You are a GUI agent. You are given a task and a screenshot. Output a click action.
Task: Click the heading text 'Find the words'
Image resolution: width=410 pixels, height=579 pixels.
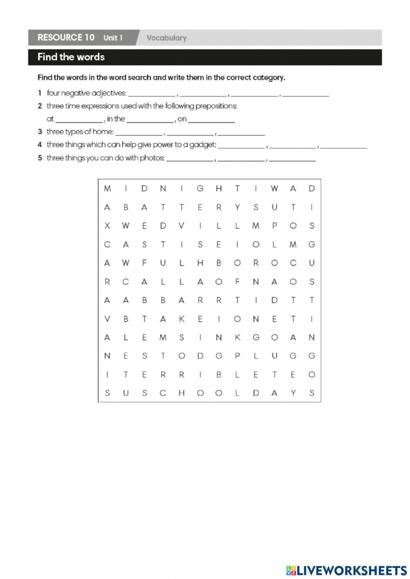71,57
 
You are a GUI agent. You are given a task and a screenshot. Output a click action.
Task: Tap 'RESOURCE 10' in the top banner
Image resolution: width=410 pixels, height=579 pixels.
66,38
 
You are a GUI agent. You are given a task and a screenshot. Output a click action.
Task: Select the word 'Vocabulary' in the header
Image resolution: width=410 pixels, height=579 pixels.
166,38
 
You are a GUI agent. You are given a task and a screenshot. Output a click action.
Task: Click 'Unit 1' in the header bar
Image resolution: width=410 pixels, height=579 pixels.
113,38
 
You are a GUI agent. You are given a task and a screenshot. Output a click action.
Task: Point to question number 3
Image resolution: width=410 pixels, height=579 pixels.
40,132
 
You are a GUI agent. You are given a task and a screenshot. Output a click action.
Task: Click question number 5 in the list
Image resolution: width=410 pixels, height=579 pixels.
40,158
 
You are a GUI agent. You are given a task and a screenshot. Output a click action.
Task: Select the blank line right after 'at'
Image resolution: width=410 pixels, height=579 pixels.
79,121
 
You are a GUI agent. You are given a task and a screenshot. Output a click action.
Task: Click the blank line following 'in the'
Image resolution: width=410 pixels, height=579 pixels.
150,121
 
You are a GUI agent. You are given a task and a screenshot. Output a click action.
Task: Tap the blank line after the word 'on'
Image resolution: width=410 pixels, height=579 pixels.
212,121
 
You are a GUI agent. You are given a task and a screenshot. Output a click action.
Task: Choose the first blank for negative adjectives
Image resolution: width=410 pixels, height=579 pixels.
152,95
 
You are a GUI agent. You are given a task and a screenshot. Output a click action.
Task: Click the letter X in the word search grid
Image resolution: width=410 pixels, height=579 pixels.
107,226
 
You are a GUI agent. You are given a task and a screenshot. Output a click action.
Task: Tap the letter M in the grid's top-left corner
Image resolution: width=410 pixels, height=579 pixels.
107,188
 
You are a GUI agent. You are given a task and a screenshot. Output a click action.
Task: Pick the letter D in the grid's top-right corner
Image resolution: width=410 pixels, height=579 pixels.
312,188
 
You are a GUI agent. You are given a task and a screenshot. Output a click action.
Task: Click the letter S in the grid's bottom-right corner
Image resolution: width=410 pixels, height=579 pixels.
312,393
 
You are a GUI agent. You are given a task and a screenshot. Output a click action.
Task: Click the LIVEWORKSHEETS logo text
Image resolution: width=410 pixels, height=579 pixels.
351,570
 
